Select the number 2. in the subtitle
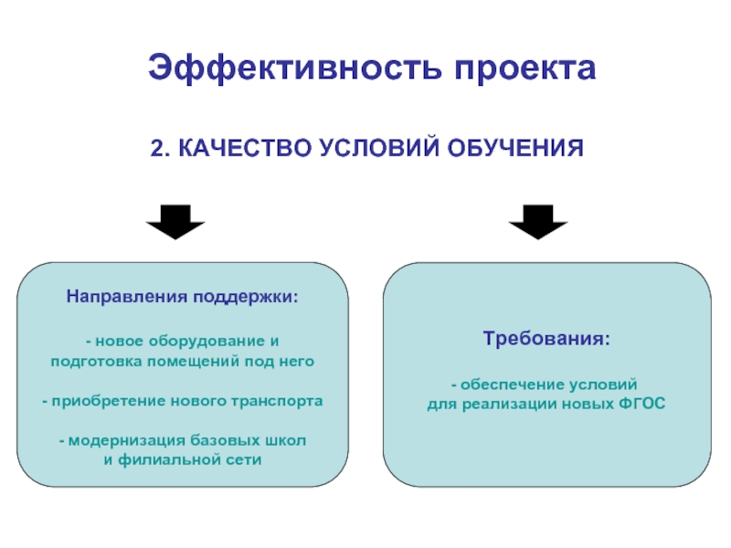[x=159, y=147]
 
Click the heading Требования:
[x=546, y=339]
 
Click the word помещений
[x=192, y=362]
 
